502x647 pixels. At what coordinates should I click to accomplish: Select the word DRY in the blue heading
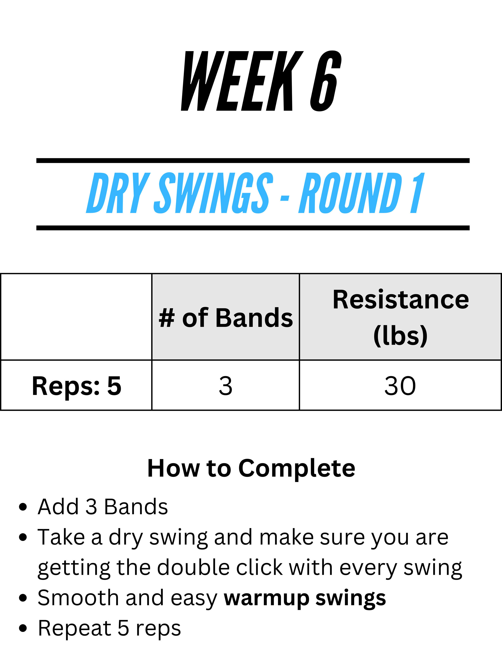pyautogui.click(x=118, y=193)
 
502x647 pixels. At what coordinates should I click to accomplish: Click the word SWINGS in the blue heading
pyautogui.click(x=213, y=193)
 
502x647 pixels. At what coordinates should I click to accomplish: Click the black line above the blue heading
pyautogui.click(x=253, y=161)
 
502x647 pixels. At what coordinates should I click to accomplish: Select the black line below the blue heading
pyautogui.click(x=253, y=228)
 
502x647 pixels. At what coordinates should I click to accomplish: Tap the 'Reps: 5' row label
pyautogui.click(x=76, y=385)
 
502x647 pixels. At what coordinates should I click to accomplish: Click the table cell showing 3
pyautogui.click(x=225, y=385)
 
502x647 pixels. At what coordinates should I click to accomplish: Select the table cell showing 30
pyautogui.click(x=400, y=385)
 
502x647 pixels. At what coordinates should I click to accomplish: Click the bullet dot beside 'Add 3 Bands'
pyautogui.click(x=23, y=507)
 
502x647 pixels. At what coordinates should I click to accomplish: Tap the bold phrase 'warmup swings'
pyautogui.click(x=305, y=598)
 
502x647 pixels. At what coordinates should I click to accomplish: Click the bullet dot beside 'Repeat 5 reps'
pyautogui.click(x=23, y=628)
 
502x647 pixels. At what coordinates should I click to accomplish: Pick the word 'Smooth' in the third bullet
pyautogui.click(x=78, y=598)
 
